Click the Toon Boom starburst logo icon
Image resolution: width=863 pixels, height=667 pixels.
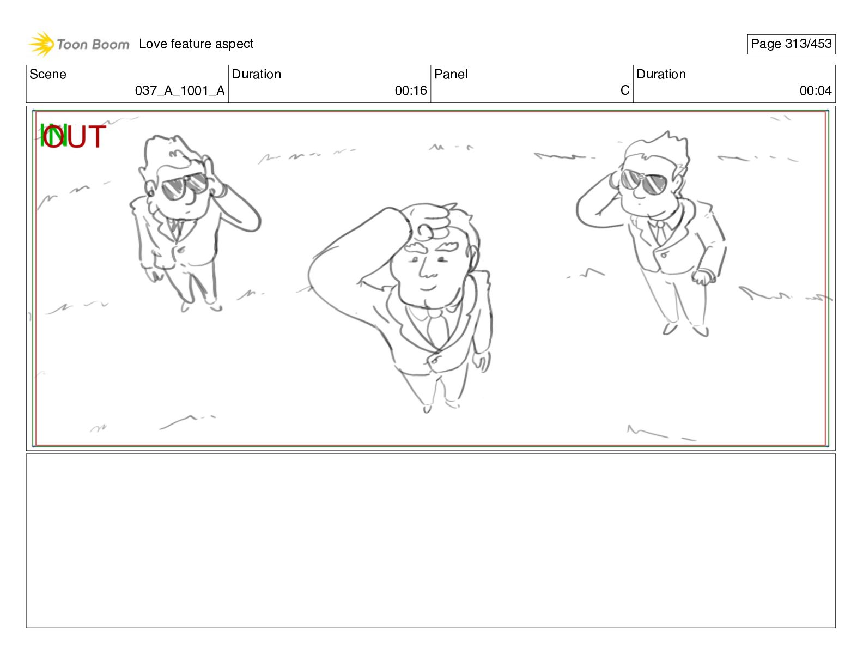tap(41, 44)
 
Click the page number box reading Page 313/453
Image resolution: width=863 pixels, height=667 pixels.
tap(791, 44)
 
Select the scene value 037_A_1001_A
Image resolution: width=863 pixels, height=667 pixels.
tap(179, 91)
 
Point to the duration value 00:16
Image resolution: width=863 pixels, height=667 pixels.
tap(411, 91)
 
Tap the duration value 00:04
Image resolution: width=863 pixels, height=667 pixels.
tap(816, 91)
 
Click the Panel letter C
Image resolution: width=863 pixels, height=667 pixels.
tap(625, 90)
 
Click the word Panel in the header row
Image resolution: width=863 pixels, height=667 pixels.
tap(451, 74)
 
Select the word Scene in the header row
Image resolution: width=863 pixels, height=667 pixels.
tap(47, 74)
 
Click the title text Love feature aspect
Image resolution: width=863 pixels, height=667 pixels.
tap(196, 44)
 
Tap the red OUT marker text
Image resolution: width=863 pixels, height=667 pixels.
tap(74, 136)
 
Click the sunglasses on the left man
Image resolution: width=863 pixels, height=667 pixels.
tap(185, 186)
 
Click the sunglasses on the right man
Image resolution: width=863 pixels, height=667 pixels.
tap(644, 181)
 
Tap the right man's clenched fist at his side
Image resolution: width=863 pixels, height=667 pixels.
tap(703, 277)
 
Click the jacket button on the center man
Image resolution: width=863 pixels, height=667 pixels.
tap(434, 360)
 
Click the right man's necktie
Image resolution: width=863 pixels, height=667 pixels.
tap(661, 233)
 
